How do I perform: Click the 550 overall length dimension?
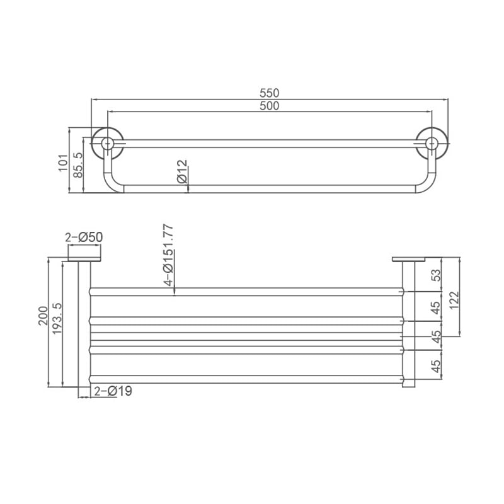coord(270,93)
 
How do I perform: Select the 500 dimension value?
coord(270,106)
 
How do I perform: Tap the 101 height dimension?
coord(64,163)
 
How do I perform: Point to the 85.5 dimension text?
coord(77,165)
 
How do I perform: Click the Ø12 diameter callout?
coord(182,171)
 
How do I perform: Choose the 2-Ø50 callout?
coord(84,238)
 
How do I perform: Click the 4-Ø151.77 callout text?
coord(168,255)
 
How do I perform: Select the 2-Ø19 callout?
coord(113,391)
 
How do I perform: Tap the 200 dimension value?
coord(43,316)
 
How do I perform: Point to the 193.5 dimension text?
coord(57,319)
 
